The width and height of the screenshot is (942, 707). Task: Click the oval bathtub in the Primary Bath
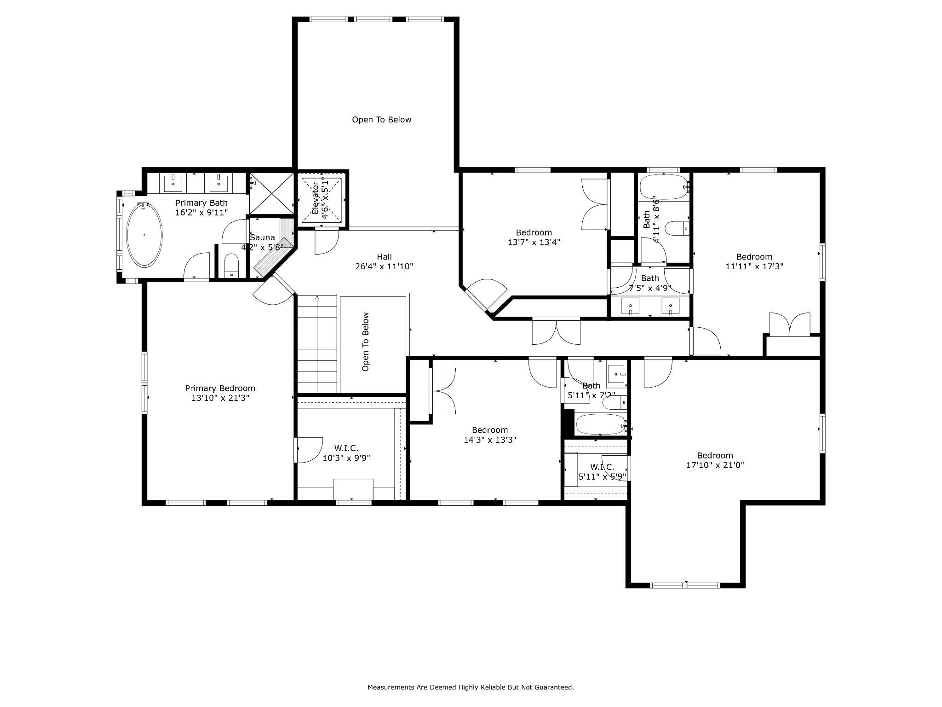point(144,235)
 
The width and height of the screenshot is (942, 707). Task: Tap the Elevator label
point(316,199)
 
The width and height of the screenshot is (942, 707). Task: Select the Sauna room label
point(262,238)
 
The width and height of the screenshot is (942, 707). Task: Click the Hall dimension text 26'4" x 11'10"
point(384,267)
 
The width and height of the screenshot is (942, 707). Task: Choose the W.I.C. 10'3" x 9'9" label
point(346,453)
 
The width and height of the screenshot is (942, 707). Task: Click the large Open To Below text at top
point(381,120)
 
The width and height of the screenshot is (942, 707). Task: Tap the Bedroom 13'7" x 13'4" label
point(534,237)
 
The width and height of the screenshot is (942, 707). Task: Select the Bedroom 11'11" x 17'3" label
point(754,261)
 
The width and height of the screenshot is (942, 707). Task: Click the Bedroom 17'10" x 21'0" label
point(715,460)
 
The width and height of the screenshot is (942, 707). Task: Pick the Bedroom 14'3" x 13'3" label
point(490,435)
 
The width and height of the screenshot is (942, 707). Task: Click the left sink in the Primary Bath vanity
point(173,183)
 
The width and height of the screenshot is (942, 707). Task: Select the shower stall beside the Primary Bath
point(271,193)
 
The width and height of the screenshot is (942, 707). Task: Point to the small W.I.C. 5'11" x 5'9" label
point(602,472)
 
